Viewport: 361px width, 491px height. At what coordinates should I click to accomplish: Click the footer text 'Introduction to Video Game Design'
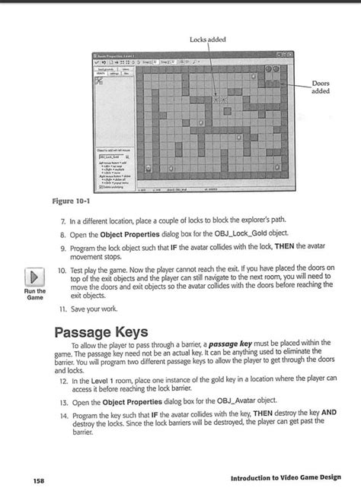(276, 477)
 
